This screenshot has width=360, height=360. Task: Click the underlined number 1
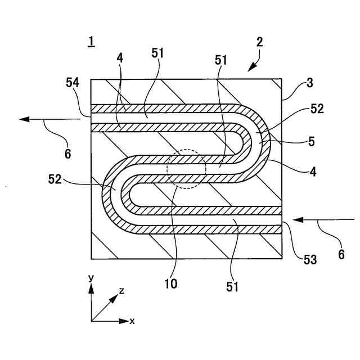tap(91, 42)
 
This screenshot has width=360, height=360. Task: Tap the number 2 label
tap(259, 42)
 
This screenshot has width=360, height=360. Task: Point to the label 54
tap(73, 83)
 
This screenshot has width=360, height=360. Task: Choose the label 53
tap(310, 259)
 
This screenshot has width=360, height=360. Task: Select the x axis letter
tap(132, 321)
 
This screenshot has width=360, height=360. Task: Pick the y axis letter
tap(91, 278)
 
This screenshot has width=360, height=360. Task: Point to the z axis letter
tap(121, 290)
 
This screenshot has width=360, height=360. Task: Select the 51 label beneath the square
tap(233, 287)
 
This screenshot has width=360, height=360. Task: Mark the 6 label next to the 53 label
tap(341, 254)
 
